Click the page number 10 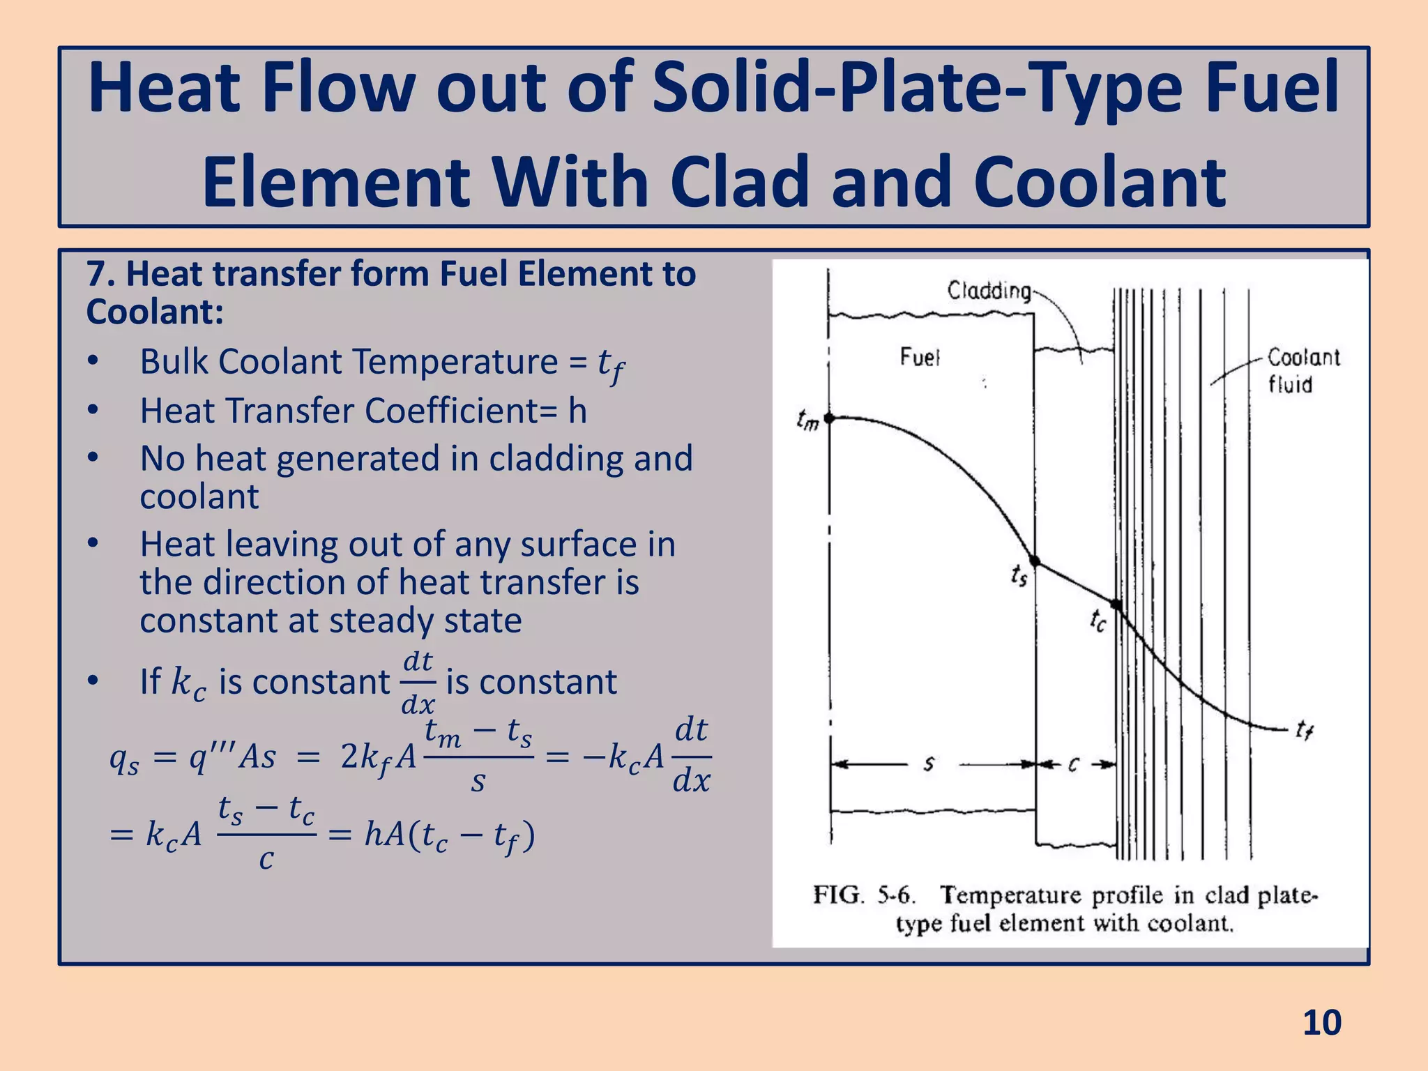coord(1321,1023)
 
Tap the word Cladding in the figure coord(989,291)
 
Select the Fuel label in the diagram coord(920,358)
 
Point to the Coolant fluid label coord(1302,371)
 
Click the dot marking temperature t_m coord(829,418)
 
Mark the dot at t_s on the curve coord(1035,561)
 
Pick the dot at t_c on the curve coord(1116,605)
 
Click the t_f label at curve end coord(1304,731)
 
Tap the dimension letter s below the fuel coord(929,765)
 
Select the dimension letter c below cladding coord(1074,765)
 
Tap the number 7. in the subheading coord(100,274)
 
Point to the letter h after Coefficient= coord(577,411)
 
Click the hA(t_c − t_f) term coord(450,835)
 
